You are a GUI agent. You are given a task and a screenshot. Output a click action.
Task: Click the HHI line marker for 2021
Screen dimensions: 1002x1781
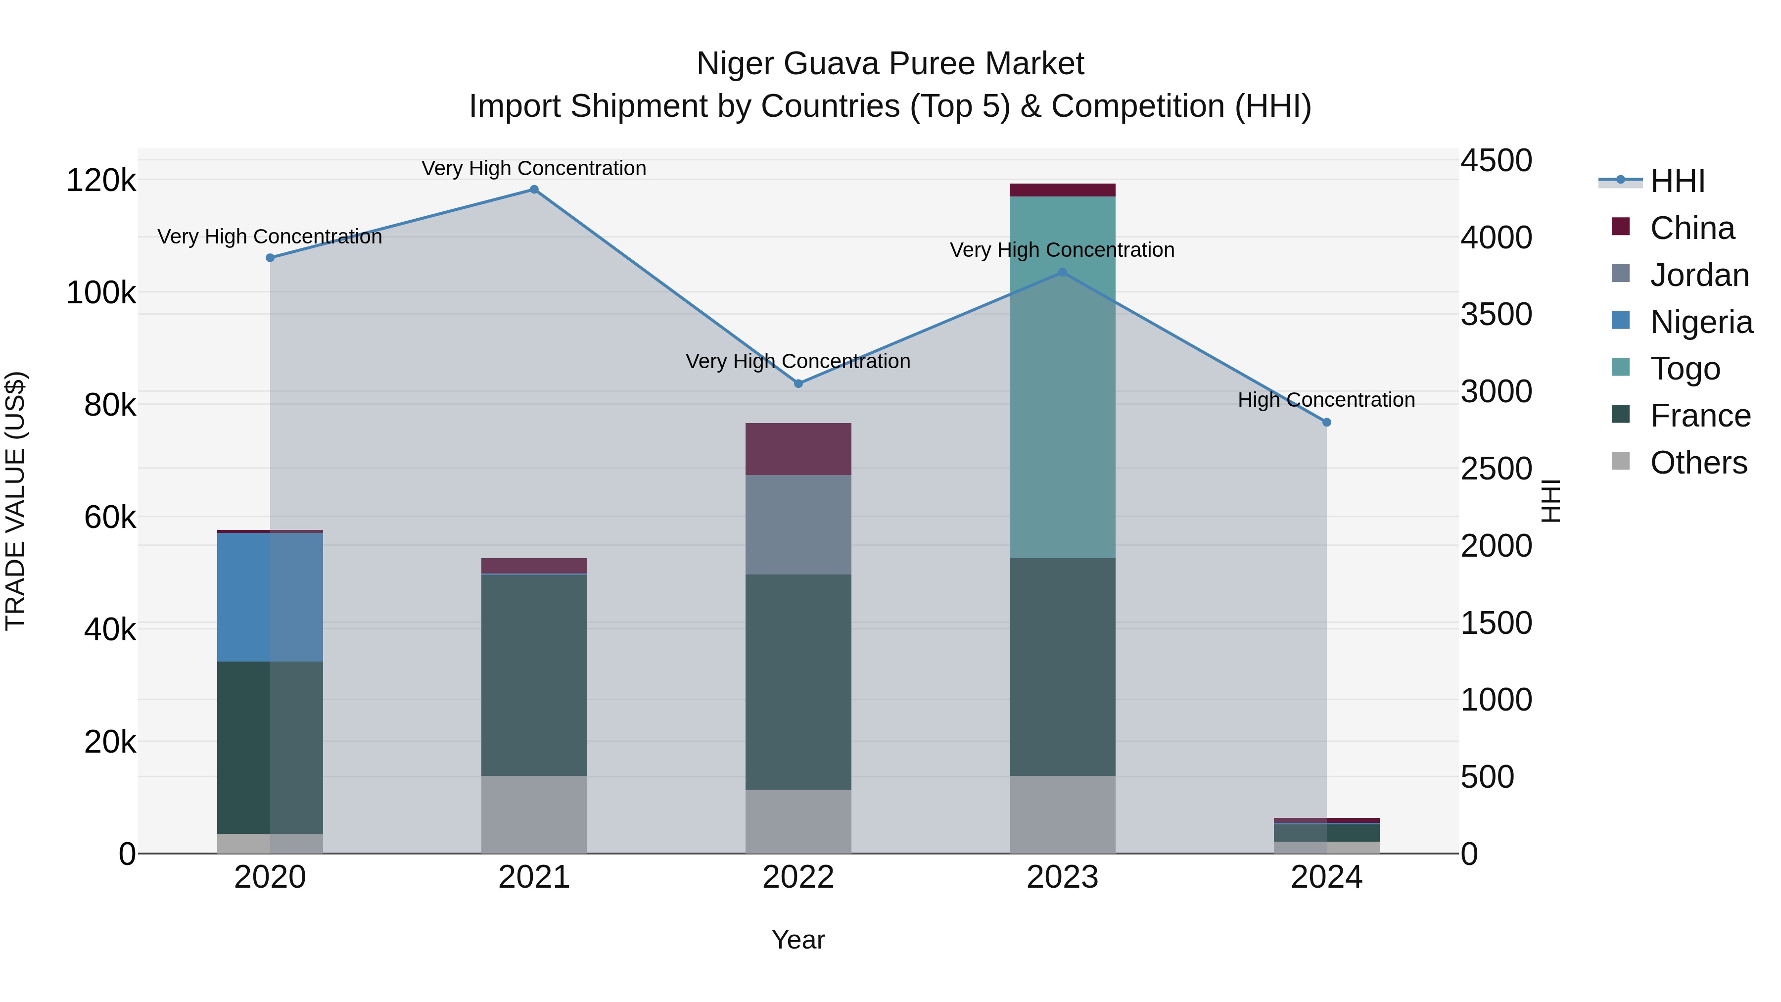[534, 190]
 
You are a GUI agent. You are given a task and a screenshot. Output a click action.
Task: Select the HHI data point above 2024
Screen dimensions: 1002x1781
[1326, 423]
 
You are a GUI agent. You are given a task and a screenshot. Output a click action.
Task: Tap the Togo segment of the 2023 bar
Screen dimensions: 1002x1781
[1062, 377]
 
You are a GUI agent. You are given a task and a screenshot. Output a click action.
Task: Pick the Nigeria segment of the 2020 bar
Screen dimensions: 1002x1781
[270, 597]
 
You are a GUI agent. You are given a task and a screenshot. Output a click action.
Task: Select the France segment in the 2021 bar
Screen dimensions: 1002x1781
[534, 674]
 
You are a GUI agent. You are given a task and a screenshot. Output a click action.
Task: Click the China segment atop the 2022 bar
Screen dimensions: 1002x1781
[798, 449]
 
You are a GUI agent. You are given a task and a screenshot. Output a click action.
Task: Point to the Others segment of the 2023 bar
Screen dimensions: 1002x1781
[1062, 814]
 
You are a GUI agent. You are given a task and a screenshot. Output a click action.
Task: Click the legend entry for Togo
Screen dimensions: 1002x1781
[1684, 369]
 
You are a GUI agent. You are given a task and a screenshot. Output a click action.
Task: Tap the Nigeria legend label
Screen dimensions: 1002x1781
[1701, 322]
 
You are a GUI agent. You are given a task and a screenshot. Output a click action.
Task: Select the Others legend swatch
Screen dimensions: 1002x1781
[1620, 461]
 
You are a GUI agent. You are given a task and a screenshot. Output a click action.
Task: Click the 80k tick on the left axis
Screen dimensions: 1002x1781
[109, 405]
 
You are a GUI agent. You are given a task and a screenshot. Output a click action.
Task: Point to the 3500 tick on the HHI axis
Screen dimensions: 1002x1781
[1496, 315]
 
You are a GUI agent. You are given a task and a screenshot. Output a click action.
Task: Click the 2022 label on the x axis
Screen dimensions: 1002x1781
[798, 877]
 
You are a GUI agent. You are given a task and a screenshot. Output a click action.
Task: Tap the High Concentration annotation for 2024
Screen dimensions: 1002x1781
[1325, 400]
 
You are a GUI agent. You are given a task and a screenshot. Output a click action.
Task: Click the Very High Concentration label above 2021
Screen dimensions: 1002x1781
[534, 168]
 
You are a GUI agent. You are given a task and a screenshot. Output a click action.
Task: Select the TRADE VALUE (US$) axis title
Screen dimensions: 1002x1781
[15, 501]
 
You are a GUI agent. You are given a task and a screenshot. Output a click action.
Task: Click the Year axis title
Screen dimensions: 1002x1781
[798, 940]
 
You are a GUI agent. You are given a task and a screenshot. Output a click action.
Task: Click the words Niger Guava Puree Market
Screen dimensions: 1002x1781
[890, 64]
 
